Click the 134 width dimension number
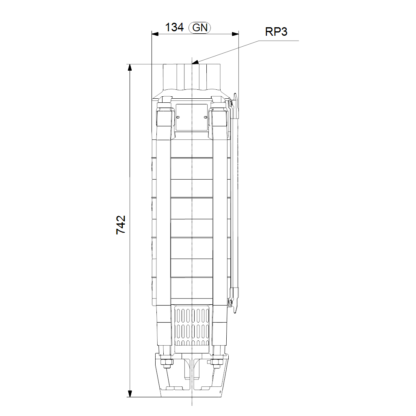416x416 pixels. coord(174,27)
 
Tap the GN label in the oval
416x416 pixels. coord(200,28)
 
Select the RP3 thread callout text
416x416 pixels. coord(276,32)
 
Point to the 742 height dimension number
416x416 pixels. coord(121,225)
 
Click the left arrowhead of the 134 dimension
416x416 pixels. coord(155,34)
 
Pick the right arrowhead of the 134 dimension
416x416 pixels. coord(235,34)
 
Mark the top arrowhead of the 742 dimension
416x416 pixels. coord(130,68)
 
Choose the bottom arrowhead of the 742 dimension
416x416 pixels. coord(130,394)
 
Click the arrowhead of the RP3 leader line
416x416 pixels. coord(195,63)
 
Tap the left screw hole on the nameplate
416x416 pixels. coord(178,117)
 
